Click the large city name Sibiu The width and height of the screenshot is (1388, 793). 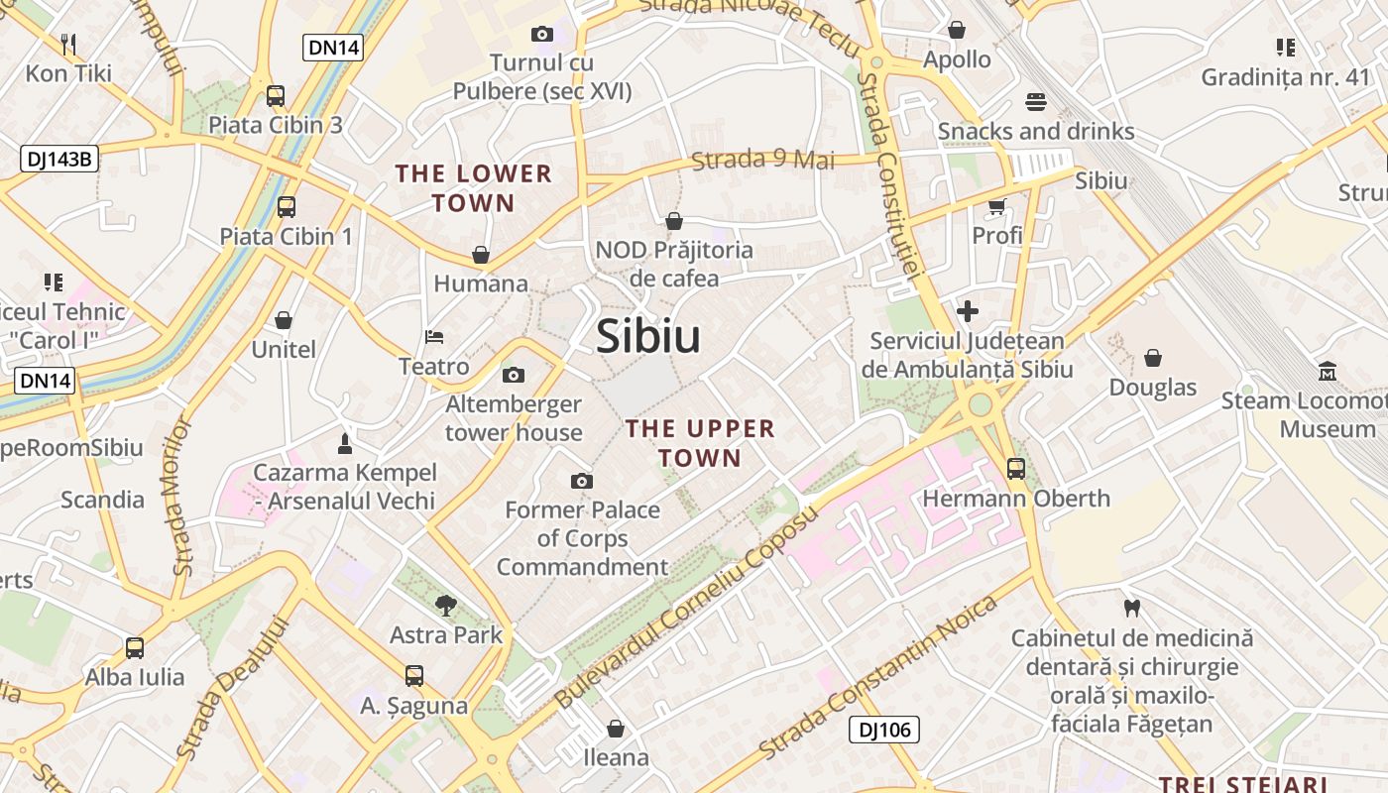(648, 337)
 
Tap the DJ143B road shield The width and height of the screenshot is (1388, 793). (59, 158)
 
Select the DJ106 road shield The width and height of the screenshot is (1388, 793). (884, 731)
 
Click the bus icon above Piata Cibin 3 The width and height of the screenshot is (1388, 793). (276, 96)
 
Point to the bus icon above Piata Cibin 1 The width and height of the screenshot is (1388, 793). (287, 207)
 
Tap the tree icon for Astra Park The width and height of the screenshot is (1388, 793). (446, 605)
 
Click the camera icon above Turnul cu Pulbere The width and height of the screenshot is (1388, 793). (541, 34)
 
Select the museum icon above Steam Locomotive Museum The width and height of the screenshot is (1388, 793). (1327, 372)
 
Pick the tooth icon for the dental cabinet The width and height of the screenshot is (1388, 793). (1132, 608)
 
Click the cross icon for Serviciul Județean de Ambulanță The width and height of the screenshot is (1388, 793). (967, 311)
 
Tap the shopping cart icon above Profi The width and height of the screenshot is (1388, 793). (996, 206)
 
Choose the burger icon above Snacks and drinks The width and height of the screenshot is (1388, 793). (1035, 101)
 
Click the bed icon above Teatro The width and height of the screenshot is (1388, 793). (434, 337)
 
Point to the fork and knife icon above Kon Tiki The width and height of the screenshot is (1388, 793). (68, 44)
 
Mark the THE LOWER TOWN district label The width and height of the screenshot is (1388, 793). (473, 188)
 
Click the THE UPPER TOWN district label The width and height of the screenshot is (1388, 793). (700, 443)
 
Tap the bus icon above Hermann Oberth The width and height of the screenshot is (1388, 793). (1016, 468)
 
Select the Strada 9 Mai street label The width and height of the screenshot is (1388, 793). (763, 160)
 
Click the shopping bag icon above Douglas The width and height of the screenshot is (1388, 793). (1153, 357)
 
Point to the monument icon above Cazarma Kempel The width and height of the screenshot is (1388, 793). (345, 442)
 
